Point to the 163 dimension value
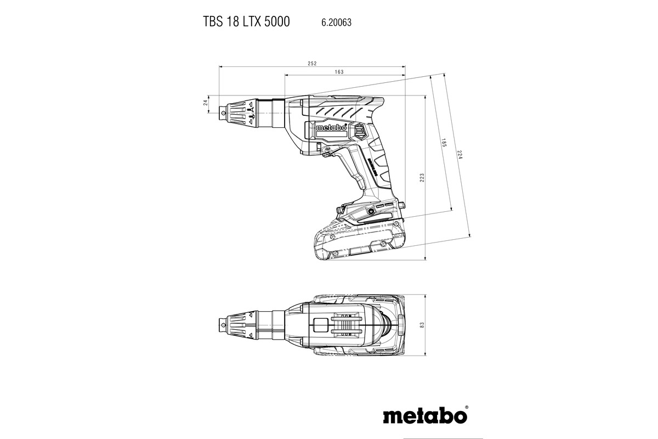click(338, 72)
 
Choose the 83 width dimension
click(422, 325)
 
